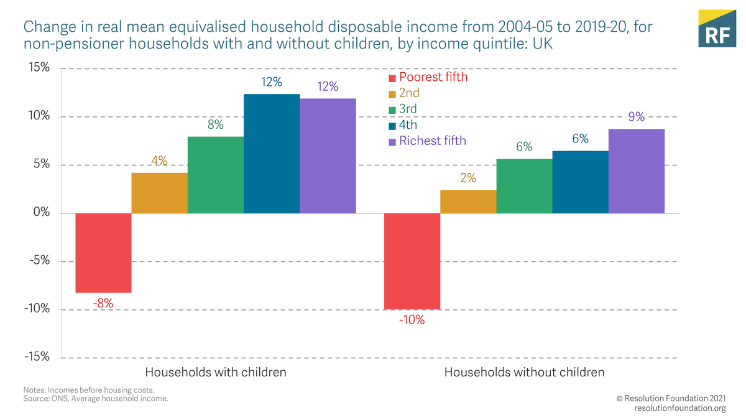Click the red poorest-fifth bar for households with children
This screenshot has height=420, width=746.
[x=103, y=253]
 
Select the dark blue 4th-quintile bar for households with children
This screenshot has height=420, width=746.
[x=272, y=154]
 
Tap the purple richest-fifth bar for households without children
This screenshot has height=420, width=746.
[x=637, y=171]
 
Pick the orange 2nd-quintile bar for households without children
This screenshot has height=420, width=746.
[x=468, y=202]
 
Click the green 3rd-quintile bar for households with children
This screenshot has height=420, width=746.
[x=215, y=175]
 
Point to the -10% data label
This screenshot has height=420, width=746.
[x=412, y=320]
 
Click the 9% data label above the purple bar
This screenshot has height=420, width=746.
[x=636, y=116]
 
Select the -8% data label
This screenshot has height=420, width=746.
[x=103, y=304]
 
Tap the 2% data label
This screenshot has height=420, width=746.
[x=468, y=178]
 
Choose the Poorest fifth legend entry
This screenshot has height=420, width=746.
[x=428, y=77]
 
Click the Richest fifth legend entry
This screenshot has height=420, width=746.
[x=427, y=141]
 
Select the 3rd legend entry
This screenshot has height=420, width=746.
[x=403, y=109]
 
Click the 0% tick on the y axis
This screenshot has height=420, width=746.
[x=40, y=213]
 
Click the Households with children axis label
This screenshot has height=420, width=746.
[x=216, y=372]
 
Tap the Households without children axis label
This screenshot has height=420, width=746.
[x=524, y=372]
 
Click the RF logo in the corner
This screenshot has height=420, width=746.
[x=716, y=29]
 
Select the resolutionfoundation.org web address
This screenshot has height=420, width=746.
[x=680, y=408]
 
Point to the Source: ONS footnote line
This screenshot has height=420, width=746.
[x=96, y=398]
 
